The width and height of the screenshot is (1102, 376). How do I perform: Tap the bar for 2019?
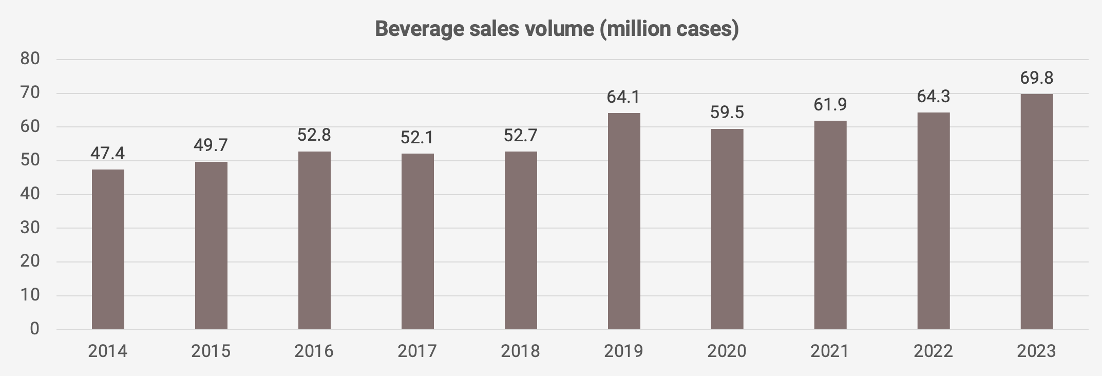click(624, 221)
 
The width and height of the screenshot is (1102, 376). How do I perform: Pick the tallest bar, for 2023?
click(1036, 211)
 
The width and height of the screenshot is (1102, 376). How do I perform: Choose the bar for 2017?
click(417, 241)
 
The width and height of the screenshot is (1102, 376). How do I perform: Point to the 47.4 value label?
click(108, 153)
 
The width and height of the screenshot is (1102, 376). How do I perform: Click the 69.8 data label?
click(1036, 78)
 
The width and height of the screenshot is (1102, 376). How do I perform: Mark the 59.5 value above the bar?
click(727, 112)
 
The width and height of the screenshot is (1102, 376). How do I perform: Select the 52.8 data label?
click(314, 135)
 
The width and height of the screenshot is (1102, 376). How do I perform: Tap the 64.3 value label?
click(933, 96)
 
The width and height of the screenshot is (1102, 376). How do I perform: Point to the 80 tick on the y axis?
click(30, 59)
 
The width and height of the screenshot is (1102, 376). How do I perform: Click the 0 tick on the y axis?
click(34, 329)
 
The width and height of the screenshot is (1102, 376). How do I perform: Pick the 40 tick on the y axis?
click(30, 194)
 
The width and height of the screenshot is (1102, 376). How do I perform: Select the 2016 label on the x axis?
click(314, 351)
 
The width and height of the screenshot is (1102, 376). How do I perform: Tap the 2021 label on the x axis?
click(830, 351)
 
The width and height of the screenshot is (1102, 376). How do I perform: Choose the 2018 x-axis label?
click(521, 351)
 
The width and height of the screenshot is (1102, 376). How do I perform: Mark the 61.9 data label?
click(830, 104)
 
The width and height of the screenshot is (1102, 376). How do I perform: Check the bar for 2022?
click(933, 221)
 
